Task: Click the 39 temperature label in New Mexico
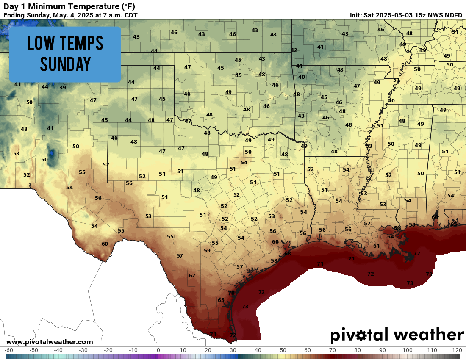63,88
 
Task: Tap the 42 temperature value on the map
294,50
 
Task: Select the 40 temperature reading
302,77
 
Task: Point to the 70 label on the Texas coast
231,293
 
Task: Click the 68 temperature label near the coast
288,254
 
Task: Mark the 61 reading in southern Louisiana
377,246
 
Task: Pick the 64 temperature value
390,236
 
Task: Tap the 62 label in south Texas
192,276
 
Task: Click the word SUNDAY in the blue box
65,64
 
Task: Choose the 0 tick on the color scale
158,350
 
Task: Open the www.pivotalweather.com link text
50,342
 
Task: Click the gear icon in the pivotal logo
362,335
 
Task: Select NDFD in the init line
453,15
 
